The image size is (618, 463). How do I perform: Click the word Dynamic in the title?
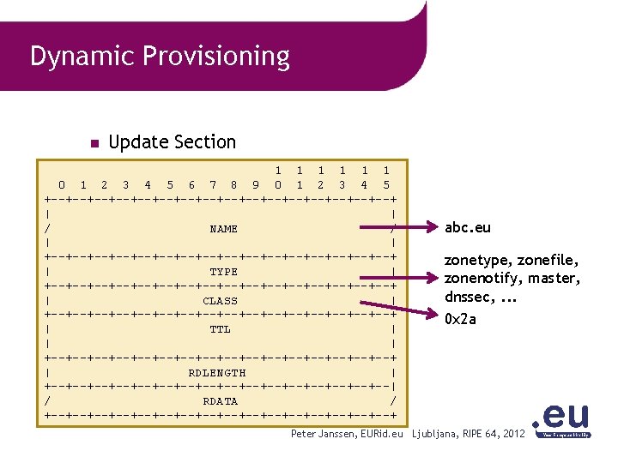(82, 57)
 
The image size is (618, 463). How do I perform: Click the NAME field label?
(223, 229)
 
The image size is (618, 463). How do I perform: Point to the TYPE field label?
(223, 272)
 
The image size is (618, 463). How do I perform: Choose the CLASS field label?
(220, 301)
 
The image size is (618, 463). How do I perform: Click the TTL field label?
(220, 329)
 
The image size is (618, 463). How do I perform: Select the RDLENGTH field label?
(216, 373)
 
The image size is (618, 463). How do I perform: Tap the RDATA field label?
(220, 401)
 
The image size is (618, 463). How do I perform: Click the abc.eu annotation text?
(467, 228)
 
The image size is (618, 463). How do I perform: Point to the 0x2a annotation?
(460, 319)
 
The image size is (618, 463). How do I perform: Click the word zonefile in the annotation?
(548, 260)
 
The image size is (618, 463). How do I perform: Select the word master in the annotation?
(554, 279)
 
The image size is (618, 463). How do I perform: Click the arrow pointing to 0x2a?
(412, 308)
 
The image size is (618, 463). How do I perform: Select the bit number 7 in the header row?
(212, 184)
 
